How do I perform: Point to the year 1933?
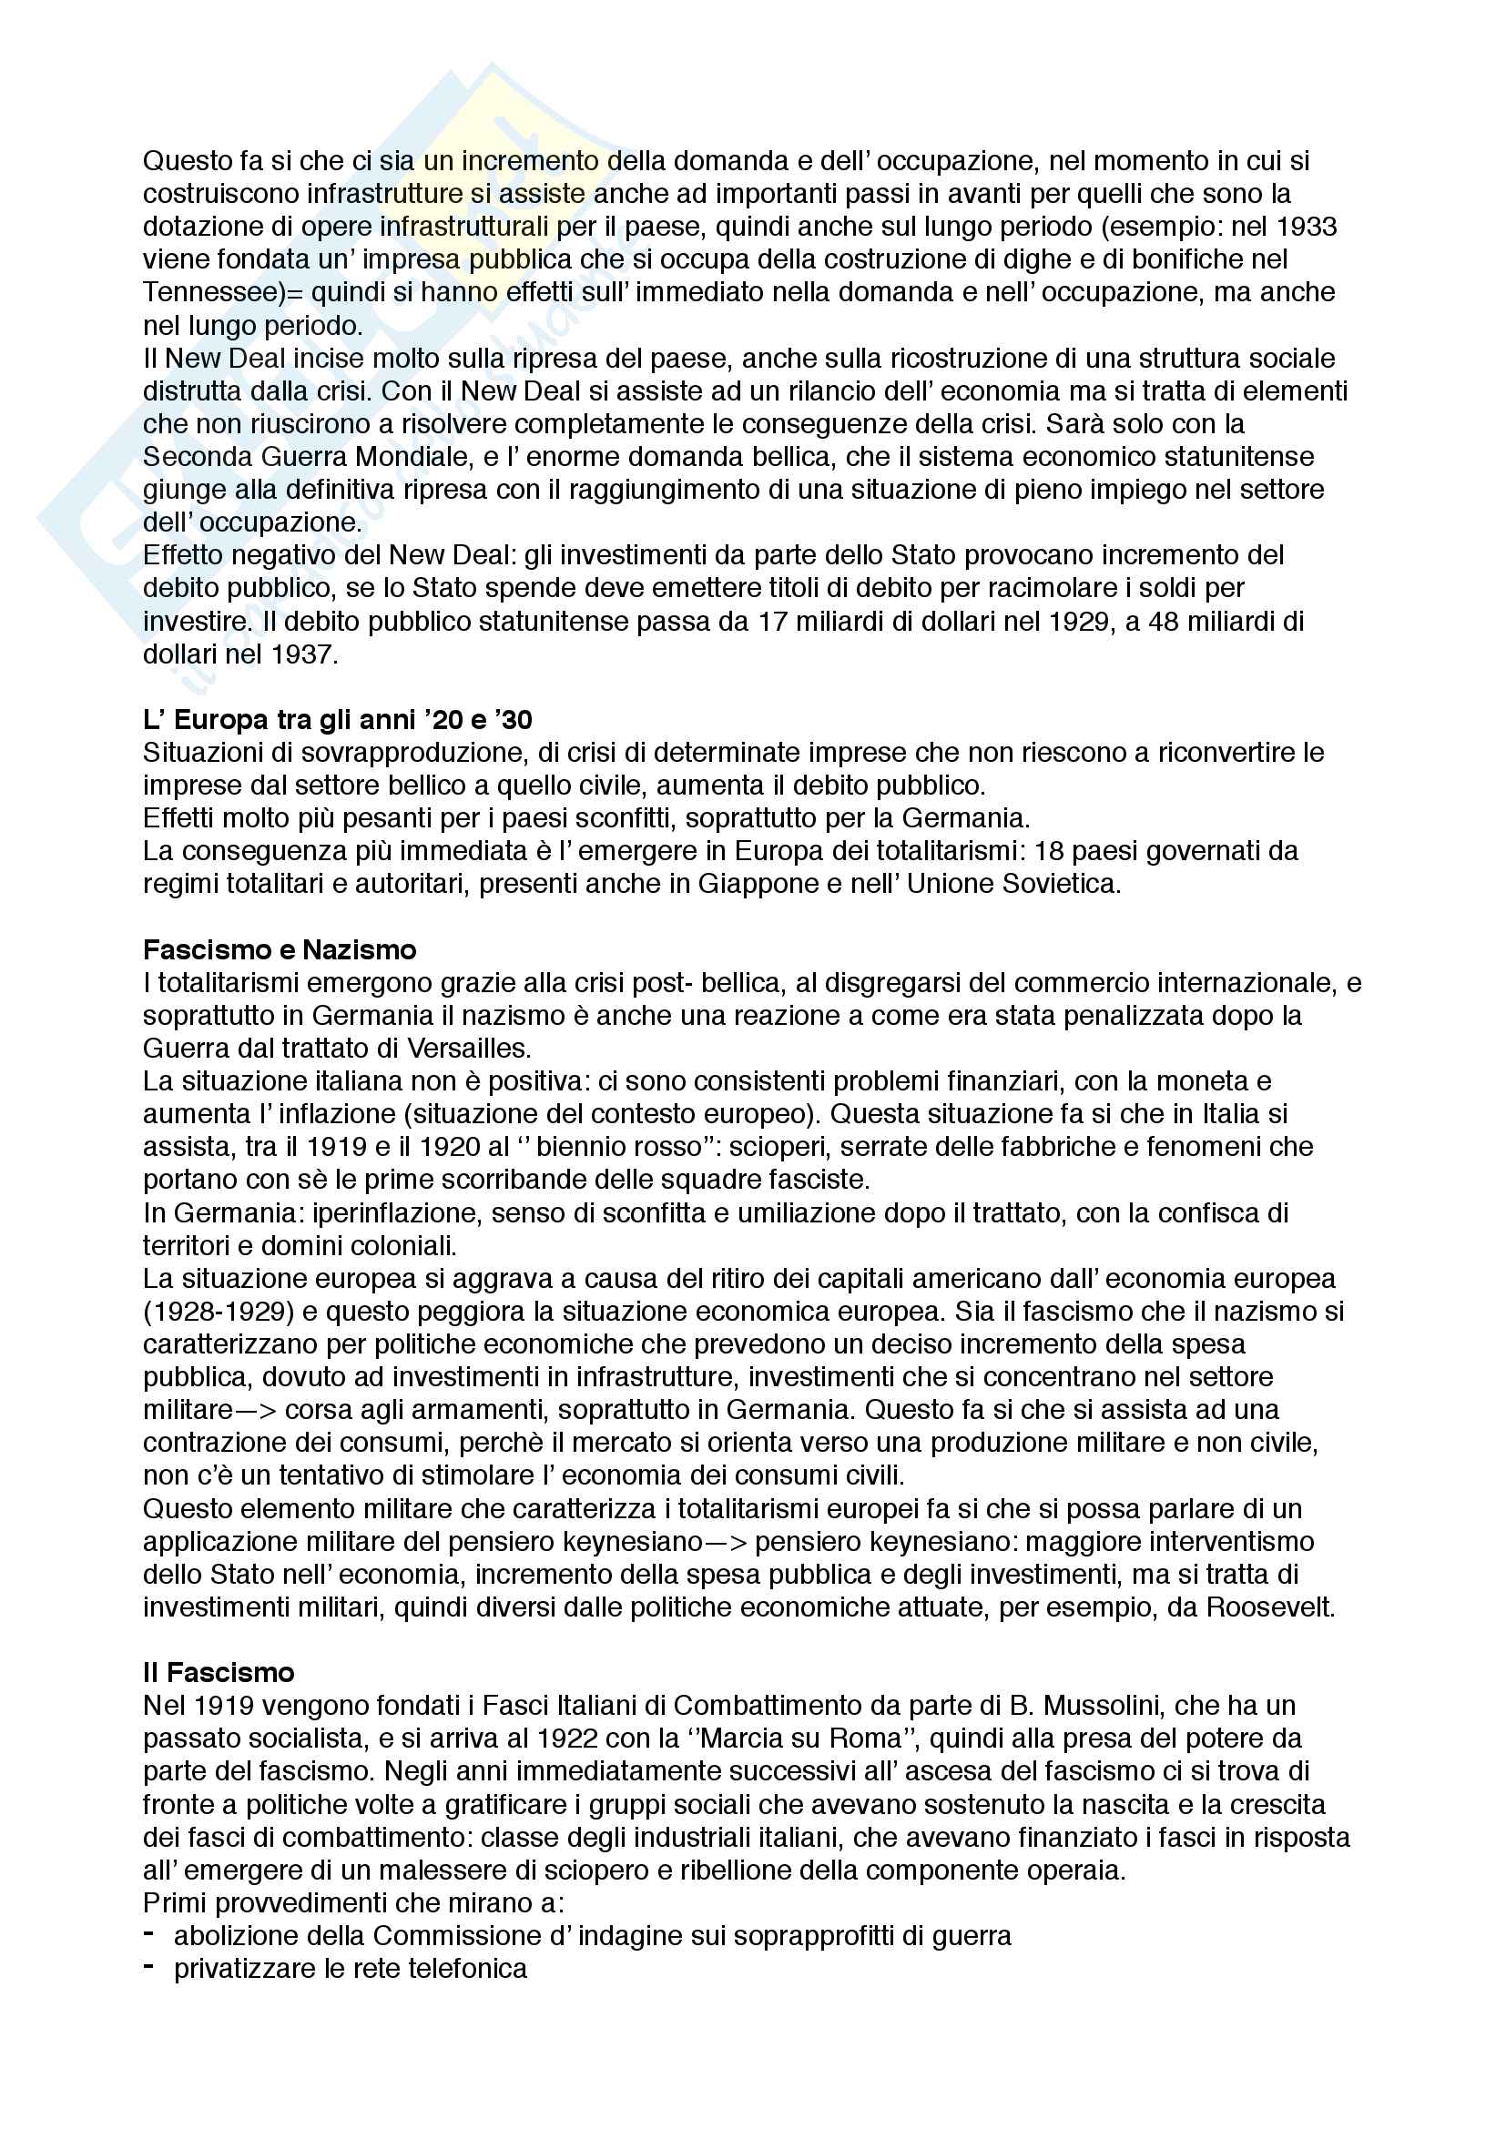pyautogui.click(x=1307, y=227)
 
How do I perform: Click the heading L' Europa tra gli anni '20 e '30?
pyautogui.click(x=338, y=720)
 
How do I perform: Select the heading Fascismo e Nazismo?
pyautogui.click(x=280, y=949)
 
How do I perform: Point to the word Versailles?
pyautogui.click(x=467, y=1048)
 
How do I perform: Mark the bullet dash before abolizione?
pyautogui.click(x=148, y=1934)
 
